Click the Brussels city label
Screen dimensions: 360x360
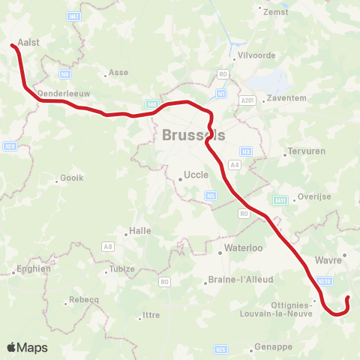193,136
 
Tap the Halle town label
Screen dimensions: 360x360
140,231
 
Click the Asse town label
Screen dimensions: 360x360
119,73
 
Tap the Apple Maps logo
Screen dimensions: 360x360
27,347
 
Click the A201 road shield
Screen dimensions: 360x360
247,100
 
